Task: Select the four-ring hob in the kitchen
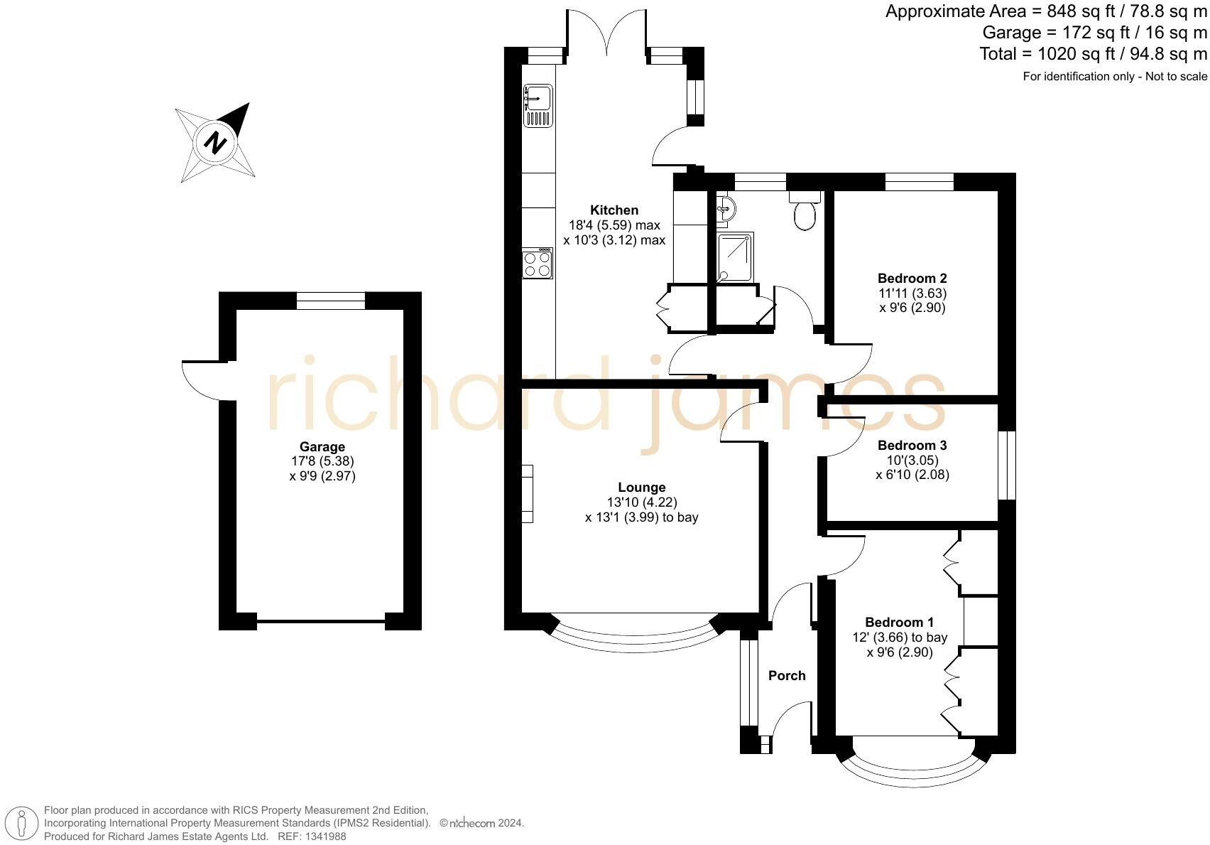click(538, 264)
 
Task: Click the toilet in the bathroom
click(805, 213)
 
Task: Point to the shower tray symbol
click(735, 257)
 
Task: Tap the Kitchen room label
click(614, 210)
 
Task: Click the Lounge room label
click(641, 487)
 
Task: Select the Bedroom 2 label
click(912, 278)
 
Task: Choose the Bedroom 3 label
click(912, 446)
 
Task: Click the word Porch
click(787, 675)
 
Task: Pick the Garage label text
click(322, 446)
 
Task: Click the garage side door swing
click(201, 381)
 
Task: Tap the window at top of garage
click(331, 301)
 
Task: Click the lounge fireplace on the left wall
click(527, 494)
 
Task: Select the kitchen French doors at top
click(606, 32)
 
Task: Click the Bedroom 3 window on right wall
click(1007, 465)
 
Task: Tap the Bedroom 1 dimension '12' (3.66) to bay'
click(900, 637)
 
